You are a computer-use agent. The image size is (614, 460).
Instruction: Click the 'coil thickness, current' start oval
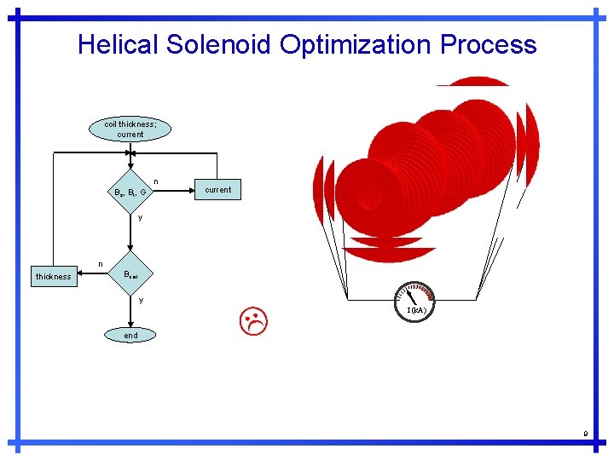tap(130, 129)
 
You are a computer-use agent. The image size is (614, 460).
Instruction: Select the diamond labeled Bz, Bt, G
tap(130, 192)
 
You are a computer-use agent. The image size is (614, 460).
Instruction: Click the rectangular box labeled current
tap(217, 190)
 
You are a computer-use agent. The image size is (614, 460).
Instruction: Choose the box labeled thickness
tap(53, 276)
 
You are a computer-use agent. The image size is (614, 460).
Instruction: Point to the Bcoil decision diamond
tap(130, 275)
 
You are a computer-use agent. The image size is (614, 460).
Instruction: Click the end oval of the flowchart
tap(130, 336)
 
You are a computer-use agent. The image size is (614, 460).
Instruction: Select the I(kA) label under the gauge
tap(416, 311)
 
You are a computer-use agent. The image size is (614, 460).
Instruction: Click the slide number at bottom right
tap(586, 434)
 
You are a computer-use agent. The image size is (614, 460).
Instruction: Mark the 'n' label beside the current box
tap(156, 181)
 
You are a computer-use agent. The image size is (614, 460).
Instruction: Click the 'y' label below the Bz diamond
tap(141, 217)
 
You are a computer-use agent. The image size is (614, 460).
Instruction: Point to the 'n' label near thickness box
tap(101, 264)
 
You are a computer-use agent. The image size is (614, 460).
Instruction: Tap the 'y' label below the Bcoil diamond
tap(141, 300)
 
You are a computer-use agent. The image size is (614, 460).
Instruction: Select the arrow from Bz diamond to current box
tap(175, 190)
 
